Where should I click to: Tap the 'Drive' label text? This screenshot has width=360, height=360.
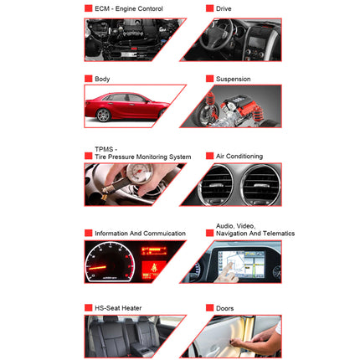(x=224, y=8)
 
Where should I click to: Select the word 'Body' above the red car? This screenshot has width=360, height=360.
(x=101, y=80)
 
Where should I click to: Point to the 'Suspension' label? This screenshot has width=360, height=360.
(x=233, y=80)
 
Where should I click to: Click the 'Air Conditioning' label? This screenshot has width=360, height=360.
(x=239, y=157)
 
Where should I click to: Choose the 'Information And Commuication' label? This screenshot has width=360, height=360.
(x=140, y=234)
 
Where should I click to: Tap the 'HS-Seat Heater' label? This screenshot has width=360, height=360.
(x=118, y=308)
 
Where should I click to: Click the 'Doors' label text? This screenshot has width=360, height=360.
(x=226, y=308)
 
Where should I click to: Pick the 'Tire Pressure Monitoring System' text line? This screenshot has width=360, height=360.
(x=142, y=157)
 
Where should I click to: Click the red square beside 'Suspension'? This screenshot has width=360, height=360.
(x=209, y=80)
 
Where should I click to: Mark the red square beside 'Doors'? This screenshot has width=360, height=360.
(x=209, y=308)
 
